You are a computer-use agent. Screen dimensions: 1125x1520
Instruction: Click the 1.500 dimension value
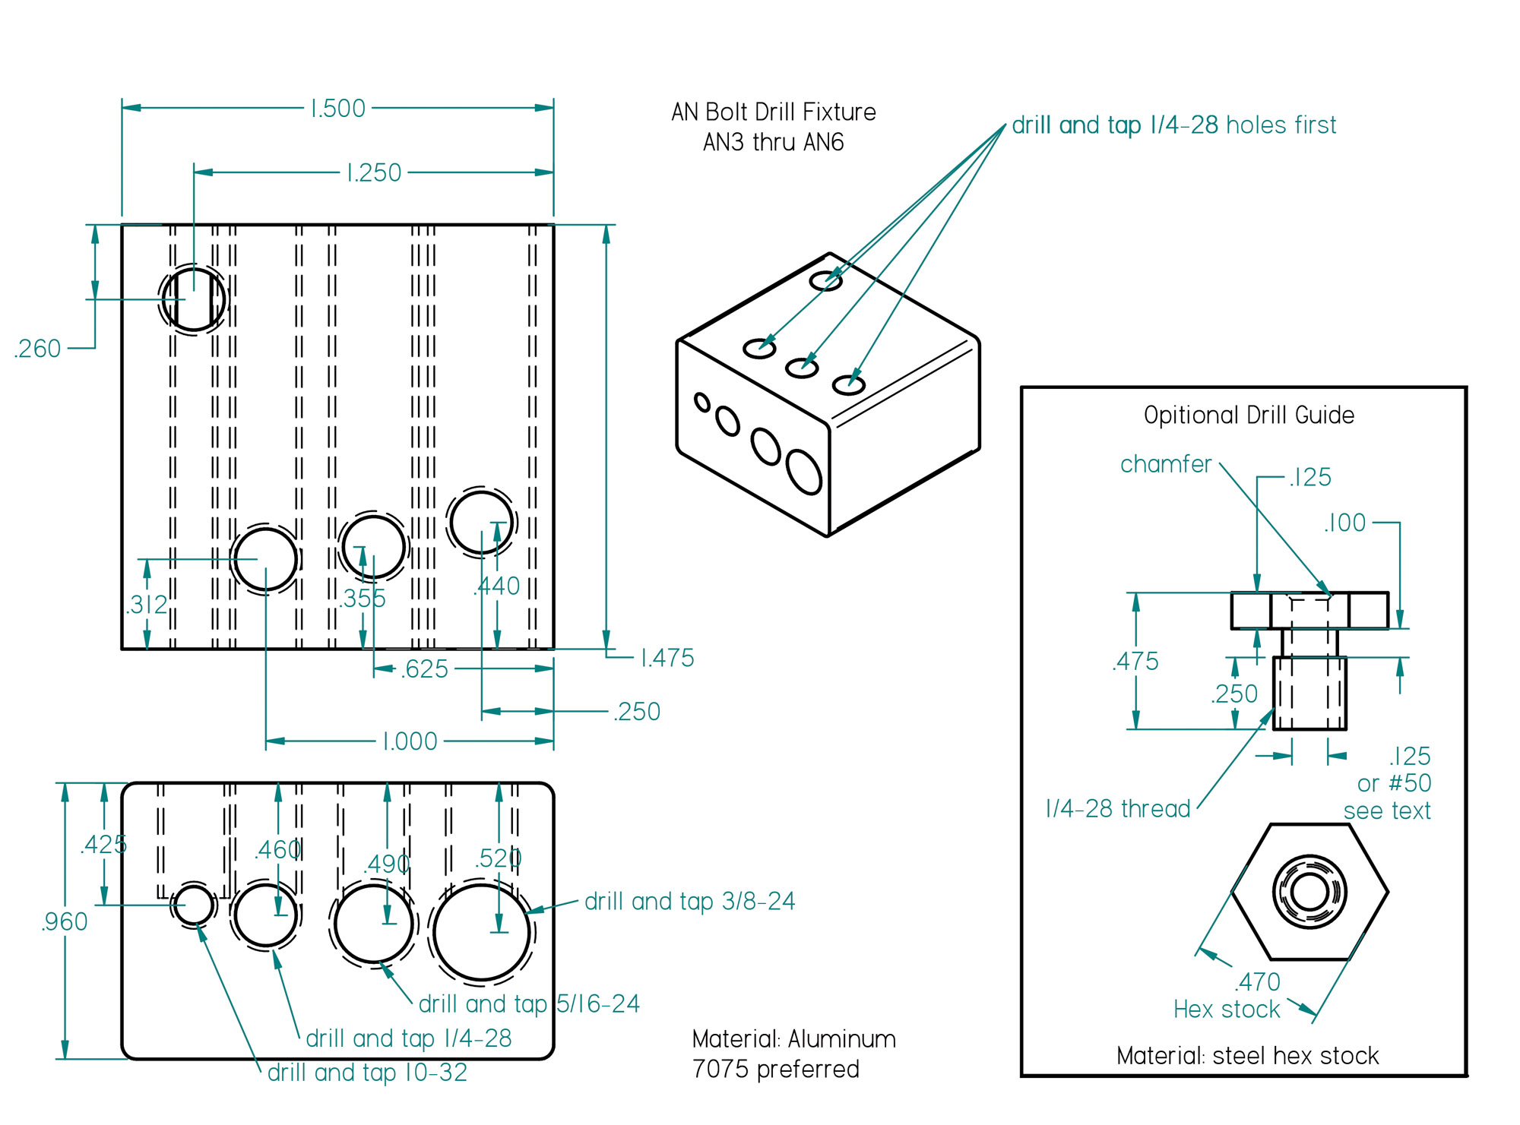pyautogui.click(x=338, y=109)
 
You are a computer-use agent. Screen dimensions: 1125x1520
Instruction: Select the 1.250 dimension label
pyautogui.click(x=373, y=173)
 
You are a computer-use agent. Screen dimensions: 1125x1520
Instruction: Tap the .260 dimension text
pyautogui.click(x=37, y=349)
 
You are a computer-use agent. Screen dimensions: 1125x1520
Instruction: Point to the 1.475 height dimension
pyautogui.click(x=667, y=658)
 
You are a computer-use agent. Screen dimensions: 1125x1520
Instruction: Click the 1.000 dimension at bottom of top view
pyautogui.click(x=410, y=741)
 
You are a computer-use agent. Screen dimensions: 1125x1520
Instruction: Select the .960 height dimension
pyautogui.click(x=64, y=921)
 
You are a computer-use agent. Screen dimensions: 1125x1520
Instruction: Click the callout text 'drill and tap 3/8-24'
pyautogui.click(x=689, y=901)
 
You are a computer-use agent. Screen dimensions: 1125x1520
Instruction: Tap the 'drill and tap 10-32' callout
pyautogui.click(x=367, y=1073)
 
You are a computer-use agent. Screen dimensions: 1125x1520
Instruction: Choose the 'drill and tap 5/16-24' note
pyautogui.click(x=529, y=1003)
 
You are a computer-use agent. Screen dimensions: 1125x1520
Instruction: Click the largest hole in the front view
pyautogui.click(x=481, y=932)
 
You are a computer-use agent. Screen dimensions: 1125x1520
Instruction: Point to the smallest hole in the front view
pyautogui.click(x=195, y=905)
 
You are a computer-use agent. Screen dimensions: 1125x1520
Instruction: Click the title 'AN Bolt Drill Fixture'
pyautogui.click(x=773, y=112)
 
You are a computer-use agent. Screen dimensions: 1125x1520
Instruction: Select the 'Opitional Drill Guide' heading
pyautogui.click(x=1249, y=416)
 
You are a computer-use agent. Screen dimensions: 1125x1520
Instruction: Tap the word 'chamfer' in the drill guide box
pyautogui.click(x=1165, y=464)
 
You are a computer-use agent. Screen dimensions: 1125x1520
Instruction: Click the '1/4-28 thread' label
pyautogui.click(x=1117, y=808)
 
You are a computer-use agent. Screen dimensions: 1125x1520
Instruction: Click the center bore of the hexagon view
pyautogui.click(x=1309, y=892)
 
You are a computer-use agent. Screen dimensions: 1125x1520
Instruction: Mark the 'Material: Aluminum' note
pyautogui.click(x=793, y=1039)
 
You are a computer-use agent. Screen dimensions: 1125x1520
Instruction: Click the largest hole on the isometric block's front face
pyautogui.click(x=804, y=472)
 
